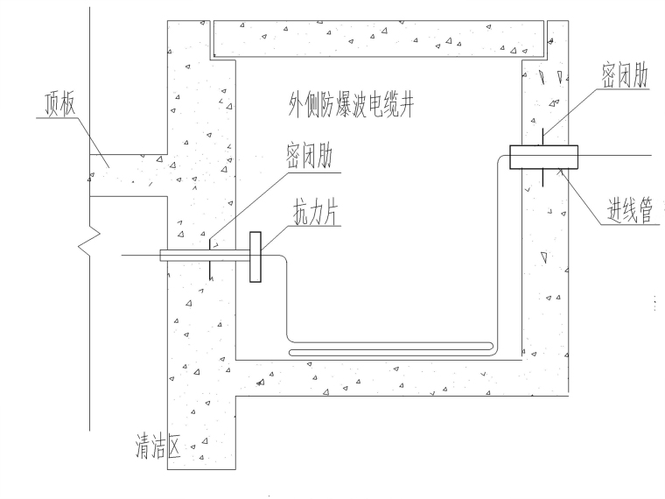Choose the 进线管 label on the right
629,211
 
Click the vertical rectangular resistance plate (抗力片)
255,257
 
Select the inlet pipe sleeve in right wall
543,157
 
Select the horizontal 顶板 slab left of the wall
127,170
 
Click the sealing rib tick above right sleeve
543,137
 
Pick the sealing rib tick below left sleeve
210,271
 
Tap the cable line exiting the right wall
617,157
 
